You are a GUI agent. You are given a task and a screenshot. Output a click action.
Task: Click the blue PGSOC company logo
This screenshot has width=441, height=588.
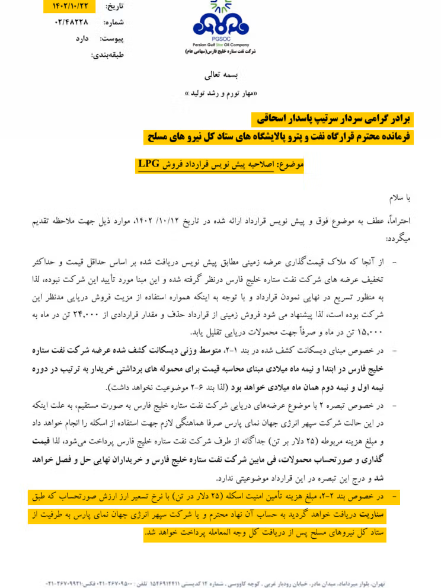pyautogui.click(x=221, y=24)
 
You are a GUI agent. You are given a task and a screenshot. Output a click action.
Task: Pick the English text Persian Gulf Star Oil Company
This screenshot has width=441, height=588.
pyautogui.click(x=221, y=44)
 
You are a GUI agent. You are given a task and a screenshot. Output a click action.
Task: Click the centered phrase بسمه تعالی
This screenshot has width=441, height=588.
pyautogui.click(x=220, y=76)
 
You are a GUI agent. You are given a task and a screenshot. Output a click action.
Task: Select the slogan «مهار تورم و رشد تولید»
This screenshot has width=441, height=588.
pyautogui.click(x=220, y=93)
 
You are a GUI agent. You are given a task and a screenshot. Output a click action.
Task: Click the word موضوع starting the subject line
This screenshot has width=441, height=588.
pyautogui.click(x=291, y=164)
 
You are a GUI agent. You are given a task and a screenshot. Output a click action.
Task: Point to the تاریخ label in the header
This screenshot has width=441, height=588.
pyautogui.click(x=111, y=7)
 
